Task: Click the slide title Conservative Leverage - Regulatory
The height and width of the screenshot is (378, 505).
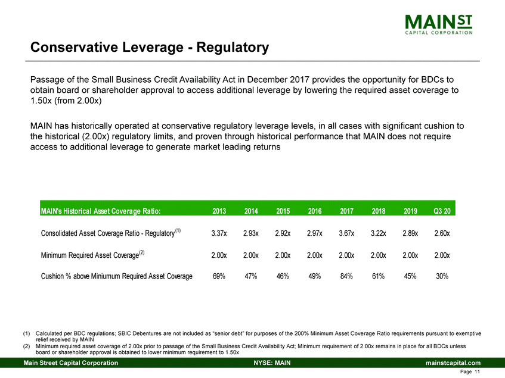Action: [x=150, y=46]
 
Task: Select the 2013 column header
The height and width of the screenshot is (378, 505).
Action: [x=219, y=210]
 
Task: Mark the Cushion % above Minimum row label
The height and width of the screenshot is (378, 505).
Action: [x=116, y=276]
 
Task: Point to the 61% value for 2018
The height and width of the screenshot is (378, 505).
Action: [x=377, y=276]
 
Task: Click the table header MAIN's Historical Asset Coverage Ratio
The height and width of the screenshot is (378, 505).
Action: [x=100, y=210]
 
